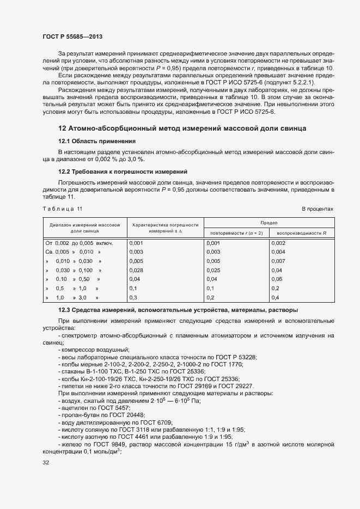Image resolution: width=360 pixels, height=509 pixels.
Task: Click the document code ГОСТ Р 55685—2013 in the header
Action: pos(72,36)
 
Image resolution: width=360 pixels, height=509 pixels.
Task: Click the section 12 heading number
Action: pos(62,128)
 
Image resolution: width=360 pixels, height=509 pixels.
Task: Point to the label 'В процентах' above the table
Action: pos(318,209)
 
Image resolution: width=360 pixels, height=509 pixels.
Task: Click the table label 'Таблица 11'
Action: pos(62,209)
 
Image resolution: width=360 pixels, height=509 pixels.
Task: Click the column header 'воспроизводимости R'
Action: pos(302,233)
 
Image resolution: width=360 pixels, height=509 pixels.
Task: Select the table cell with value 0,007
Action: pos(278,261)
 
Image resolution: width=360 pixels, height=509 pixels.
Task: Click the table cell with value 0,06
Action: pos(277,279)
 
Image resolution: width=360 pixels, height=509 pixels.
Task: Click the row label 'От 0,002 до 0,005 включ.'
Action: pos(78,243)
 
